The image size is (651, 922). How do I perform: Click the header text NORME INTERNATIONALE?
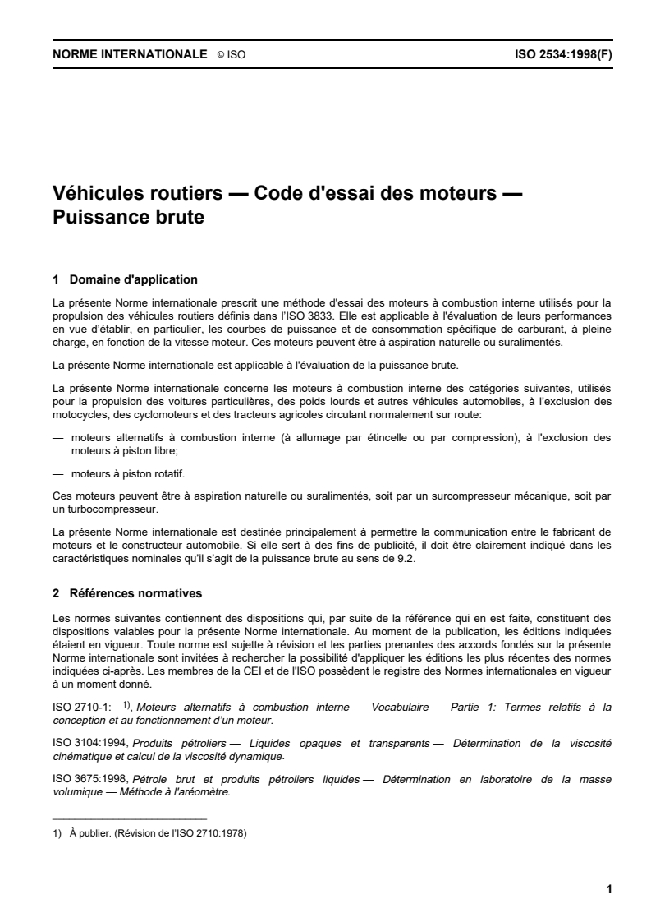click(x=129, y=55)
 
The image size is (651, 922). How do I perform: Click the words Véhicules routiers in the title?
click(x=138, y=195)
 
